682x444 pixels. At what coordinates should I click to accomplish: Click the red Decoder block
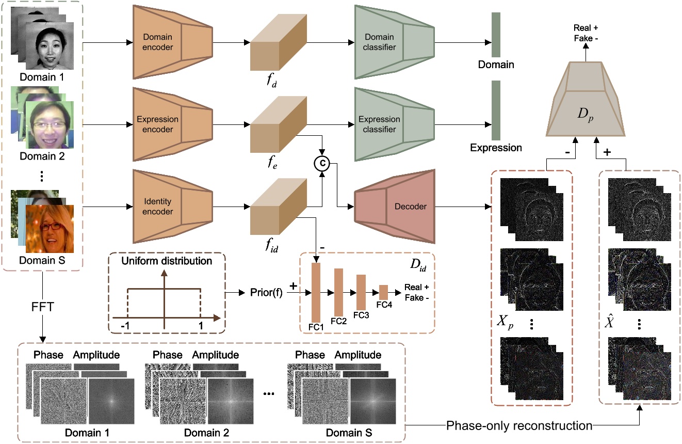(x=395, y=207)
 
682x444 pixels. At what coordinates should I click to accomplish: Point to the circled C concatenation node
(x=321, y=164)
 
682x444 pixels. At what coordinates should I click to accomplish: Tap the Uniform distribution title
(x=166, y=261)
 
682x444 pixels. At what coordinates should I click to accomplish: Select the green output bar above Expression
(x=496, y=110)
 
